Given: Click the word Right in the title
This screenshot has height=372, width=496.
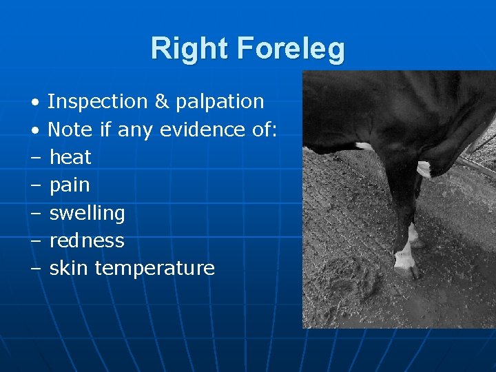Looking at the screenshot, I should [x=189, y=49].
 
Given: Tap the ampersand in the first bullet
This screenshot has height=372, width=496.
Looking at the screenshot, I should [x=162, y=101].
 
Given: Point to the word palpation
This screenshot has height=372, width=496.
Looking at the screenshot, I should [x=220, y=103].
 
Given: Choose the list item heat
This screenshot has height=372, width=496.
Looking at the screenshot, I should [x=70, y=157].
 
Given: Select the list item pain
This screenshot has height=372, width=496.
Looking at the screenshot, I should [x=70, y=185].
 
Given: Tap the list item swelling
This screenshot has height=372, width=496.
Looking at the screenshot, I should [x=87, y=214].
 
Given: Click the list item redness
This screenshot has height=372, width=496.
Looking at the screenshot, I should [x=87, y=240].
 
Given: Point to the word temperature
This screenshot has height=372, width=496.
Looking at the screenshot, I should [x=154, y=269].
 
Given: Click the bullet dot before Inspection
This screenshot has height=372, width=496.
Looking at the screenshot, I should [x=34, y=103].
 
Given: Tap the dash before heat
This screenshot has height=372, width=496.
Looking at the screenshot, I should [x=34, y=158].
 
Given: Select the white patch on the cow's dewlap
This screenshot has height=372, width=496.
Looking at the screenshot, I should [x=424, y=168].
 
